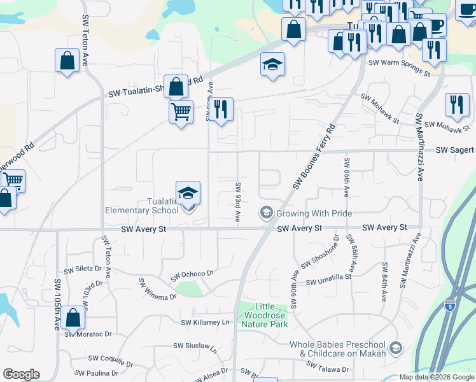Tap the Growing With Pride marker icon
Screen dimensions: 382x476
266,213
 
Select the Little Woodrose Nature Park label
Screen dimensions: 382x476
265,315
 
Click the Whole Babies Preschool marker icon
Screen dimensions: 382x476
396,348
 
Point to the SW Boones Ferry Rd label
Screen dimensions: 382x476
314,157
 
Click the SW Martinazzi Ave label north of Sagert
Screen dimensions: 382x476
419,147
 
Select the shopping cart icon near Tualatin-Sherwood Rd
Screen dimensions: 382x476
181,113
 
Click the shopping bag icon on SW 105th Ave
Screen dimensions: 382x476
73,318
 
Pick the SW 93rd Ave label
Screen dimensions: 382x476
236,202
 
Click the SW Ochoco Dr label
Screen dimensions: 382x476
192,274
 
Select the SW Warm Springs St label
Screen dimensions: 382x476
400,68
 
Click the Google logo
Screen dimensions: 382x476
21,374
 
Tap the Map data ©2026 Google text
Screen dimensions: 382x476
436,377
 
